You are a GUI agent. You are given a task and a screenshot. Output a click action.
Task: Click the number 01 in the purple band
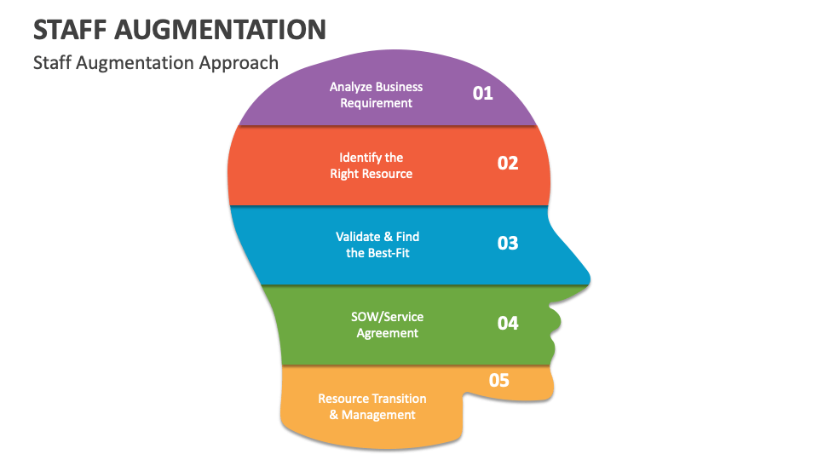click(483, 93)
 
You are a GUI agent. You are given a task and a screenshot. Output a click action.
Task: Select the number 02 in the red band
click(508, 163)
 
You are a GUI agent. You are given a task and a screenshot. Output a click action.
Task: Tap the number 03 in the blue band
click(508, 243)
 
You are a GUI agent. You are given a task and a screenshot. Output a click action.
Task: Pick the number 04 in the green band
click(508, 323)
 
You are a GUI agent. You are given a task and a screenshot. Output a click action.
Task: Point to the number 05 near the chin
click(499, 380)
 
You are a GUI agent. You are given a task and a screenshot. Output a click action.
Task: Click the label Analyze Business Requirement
click(376, 95)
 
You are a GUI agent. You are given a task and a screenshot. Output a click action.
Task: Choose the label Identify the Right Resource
click(372, 165)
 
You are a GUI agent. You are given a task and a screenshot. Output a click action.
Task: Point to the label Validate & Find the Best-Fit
click(377, 244)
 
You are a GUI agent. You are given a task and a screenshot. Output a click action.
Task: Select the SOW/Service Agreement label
click(387, 325)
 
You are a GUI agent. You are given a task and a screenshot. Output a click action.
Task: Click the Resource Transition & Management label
click(372, 406)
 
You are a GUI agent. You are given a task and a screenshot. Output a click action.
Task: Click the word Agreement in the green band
click(387, 333)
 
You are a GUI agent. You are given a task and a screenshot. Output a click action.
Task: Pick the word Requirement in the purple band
click(376, 103)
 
